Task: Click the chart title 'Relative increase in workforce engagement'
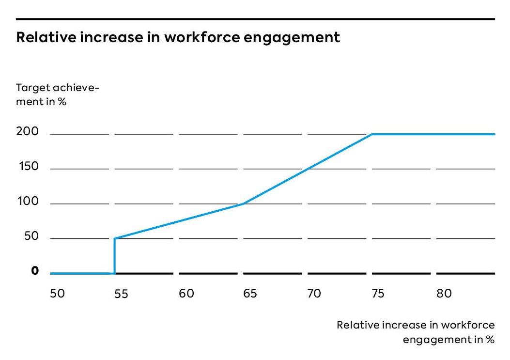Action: tap(178, 37)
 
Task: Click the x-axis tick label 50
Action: tap(57, 293)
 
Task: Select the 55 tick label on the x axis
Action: tap(121, 294)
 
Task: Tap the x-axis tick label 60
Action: tap(186, 293)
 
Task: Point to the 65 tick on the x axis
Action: tap(250, 293)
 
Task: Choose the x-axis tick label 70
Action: tap(314, 293)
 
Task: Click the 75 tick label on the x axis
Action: tap(378, 293)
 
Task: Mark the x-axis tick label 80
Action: tap(444, 293)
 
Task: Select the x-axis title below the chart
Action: tap(416, 332)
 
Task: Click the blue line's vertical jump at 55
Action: tap(114, 256)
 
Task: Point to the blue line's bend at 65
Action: tap(243, 203)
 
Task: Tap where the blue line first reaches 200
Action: tap(371, 134)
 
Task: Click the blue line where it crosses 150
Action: tap(309, 169)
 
